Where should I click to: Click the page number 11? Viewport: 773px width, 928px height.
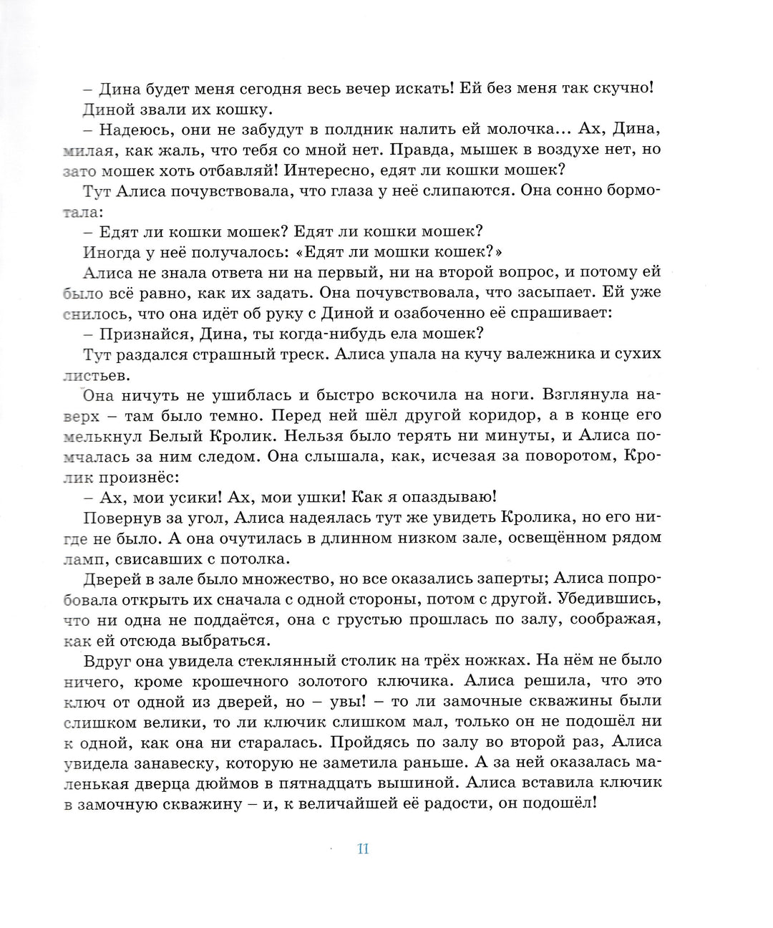click(x=362, y=849)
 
